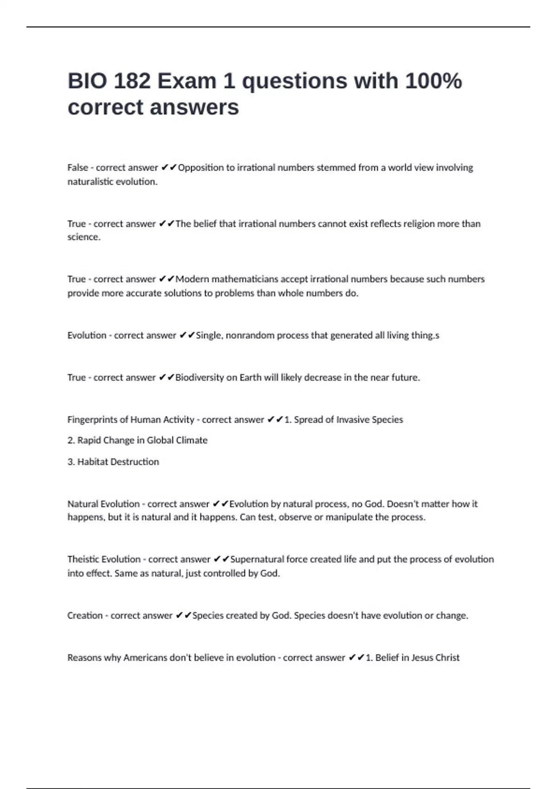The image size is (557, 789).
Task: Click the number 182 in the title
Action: [x=132, y=81]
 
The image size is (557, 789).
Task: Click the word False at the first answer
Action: [x=78, y=168]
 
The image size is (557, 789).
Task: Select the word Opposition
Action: [x=201, y=168]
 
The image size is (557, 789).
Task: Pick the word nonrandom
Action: [x=250, y=335]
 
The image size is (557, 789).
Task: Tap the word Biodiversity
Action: [x=200, y=377]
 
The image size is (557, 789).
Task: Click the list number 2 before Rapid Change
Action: [x=71, y=440]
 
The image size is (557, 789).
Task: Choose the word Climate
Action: [x=192, y=440]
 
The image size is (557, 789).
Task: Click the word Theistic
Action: [x=84, y=559]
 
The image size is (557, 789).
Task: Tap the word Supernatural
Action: [x=257, y=559]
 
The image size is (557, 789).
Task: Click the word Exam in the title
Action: [x=187, y=81]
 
